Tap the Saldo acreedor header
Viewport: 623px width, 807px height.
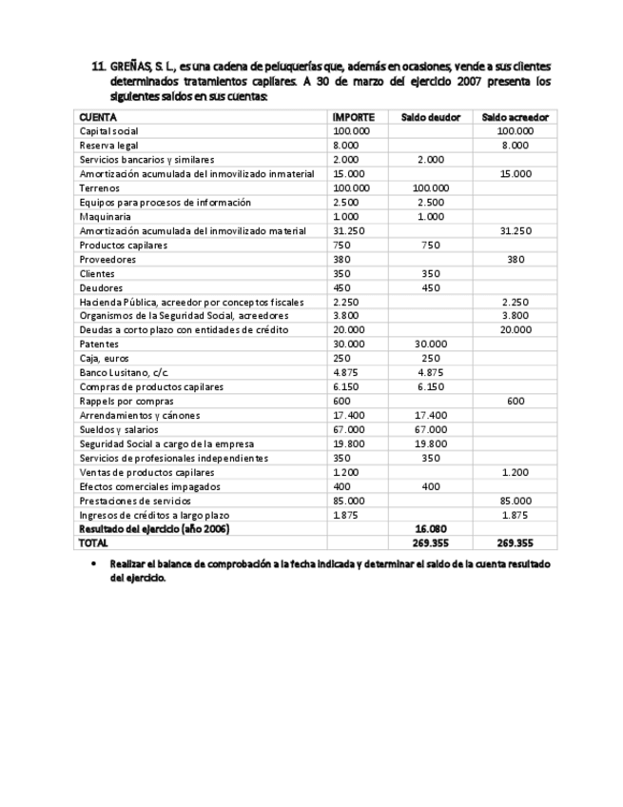514,117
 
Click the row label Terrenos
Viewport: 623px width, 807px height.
99,188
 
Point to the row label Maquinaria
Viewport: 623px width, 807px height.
105,217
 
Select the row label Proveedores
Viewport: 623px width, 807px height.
107,259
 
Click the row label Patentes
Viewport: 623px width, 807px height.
100,344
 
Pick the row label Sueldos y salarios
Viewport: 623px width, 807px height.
120,429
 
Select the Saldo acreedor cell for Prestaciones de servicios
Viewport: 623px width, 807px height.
515,501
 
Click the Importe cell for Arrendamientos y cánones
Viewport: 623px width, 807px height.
350,415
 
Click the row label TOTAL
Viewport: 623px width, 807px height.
94,543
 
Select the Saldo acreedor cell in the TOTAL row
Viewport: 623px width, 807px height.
514,543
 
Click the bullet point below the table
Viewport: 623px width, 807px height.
93,563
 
